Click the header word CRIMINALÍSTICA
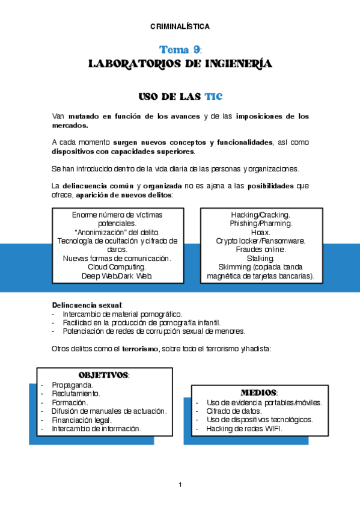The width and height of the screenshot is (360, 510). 180,26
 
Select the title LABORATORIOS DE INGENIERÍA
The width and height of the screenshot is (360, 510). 180,64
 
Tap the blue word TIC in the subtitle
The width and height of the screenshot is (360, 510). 213,96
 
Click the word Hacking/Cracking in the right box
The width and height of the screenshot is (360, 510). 261,215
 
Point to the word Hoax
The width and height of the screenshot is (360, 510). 261,232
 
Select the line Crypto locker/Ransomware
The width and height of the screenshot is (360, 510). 261,241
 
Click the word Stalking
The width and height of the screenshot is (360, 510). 261,258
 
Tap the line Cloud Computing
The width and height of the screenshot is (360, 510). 117,266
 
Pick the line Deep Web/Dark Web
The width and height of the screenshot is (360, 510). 117,275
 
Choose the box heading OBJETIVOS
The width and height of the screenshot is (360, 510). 103,375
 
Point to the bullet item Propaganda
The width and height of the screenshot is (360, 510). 72,384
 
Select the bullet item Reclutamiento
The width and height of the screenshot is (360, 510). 76,393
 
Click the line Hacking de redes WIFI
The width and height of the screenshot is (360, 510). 244,429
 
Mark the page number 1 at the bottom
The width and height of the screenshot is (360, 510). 180,485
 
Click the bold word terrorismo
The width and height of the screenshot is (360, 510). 140,349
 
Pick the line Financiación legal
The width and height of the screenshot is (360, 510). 82,420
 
